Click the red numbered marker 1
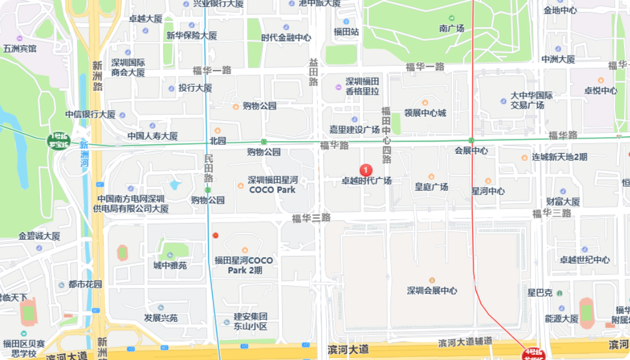coord(367,170)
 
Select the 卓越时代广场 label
coord(366,181)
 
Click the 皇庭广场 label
coord(432,187)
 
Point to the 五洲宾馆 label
coord(20,48)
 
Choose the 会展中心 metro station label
coord(471,150)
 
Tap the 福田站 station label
coord(346,32)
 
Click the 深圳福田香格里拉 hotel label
coord(362,86)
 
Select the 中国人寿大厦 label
coord(152,136)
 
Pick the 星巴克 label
coord(539,293)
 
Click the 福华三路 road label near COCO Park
coord(311,218)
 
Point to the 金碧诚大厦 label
coord(39,236)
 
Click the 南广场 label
coord(451,28)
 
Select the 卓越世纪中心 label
coord(585,260)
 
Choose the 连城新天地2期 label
coord(559,157)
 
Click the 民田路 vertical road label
coord(208,169)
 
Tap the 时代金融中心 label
coord(286,37)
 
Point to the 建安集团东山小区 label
coord(250,321)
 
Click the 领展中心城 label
coord(425,113)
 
